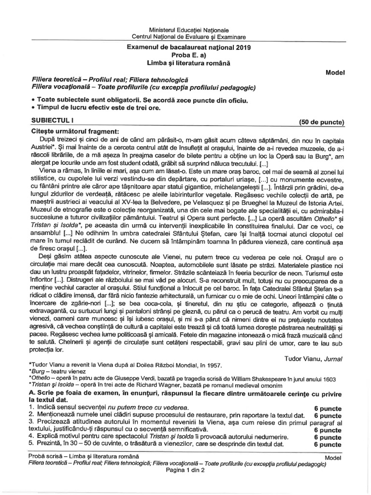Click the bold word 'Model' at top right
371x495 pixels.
[x=335, y=72]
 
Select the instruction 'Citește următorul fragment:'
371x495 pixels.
[x=73, y=131]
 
